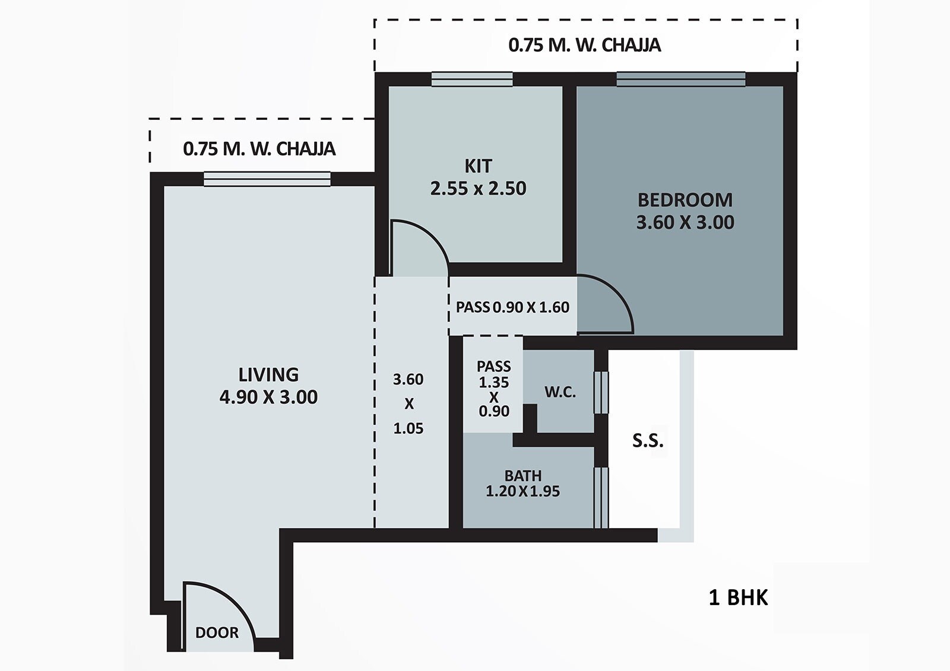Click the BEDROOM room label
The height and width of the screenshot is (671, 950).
tap(685, 200)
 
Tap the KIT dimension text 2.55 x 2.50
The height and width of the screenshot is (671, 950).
tap(478, 189)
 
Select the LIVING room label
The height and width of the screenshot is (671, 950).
tap(268, 374)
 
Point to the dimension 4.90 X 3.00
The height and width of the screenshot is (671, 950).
tap(268, 397)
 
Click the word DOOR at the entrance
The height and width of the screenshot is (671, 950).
tap(217, 632)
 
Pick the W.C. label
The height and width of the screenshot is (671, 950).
tap(560, 392)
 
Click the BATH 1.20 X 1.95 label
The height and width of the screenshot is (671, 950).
tap(522, 484)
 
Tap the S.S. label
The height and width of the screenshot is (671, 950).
tap(647, 441)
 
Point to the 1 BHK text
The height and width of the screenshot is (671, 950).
tap(738, 597)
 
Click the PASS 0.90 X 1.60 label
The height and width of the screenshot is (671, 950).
tap(512, 307)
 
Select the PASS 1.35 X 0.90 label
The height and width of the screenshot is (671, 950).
tap(493, 389)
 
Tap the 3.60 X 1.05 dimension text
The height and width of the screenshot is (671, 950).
tap(408, 403)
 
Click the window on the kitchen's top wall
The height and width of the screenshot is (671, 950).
tap(472, 79)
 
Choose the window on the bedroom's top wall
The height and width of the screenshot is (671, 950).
tap(680, 79)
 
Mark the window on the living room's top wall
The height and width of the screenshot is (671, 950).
tap(267, 179)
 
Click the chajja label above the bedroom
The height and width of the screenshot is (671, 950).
tap(584, 46)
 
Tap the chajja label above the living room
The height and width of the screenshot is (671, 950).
tap(259, 148)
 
